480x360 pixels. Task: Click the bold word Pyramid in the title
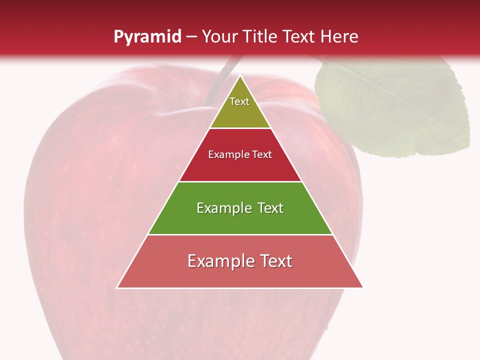point(147,37)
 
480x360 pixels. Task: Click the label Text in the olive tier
point(239,101)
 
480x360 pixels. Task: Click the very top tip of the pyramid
point(240,76)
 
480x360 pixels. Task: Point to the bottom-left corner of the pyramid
point(117,287)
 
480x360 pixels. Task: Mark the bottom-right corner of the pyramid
point(362,287)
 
